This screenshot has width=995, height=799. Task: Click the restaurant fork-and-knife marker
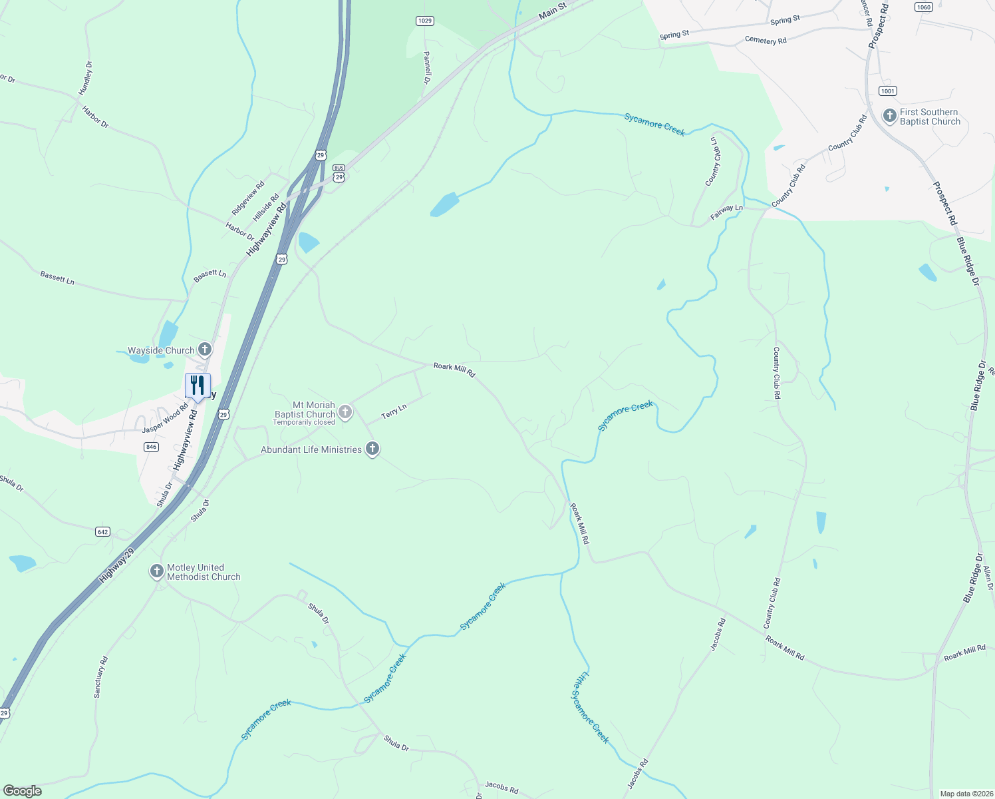tap(198, 385)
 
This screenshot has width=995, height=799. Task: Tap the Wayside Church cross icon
tap(205, 349)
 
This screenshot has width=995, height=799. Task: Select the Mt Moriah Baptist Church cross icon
tap(345, 412)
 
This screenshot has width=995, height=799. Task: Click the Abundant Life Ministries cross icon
tap(372, 449)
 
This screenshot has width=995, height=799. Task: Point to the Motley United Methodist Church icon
tap(156, 571)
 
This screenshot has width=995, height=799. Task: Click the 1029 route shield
tap(425, 21)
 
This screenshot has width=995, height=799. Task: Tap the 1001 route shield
tap(887, 91)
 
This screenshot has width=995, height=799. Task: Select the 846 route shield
tap(151, 447)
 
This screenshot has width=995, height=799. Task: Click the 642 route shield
tap(102, 531)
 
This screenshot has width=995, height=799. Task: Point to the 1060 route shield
tap(923, 7)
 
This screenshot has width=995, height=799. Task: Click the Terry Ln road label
tap(394, 411)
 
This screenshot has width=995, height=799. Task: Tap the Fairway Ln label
tap(726, 212)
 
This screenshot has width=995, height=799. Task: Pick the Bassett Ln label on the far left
tap(57, 278)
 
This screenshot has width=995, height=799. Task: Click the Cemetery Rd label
tap(766, 40)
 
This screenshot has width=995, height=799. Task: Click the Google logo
tap(23, 791)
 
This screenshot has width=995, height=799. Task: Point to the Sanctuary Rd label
tap(100, 676)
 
